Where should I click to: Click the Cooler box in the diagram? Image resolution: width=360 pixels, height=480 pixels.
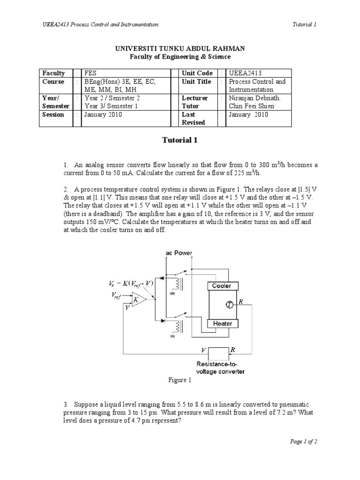[222, 285]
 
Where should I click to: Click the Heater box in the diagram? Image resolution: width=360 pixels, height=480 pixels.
[222, 323]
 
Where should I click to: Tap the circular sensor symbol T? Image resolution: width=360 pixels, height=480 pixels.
[230, 305]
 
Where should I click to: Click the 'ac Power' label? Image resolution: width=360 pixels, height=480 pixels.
[179, 253]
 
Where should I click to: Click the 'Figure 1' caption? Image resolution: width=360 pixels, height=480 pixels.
[180, 381]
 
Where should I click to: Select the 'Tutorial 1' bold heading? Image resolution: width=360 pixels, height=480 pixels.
[180, 140]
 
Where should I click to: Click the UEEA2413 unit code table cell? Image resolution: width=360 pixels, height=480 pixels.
[245, 73]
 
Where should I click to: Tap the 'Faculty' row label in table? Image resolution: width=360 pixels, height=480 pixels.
[53, 73]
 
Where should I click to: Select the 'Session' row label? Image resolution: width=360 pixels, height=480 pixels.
[53, 114]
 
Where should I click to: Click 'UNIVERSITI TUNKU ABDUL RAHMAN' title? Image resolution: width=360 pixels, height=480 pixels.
[180, 48]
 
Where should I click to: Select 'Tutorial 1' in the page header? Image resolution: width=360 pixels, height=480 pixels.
[305, 24]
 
